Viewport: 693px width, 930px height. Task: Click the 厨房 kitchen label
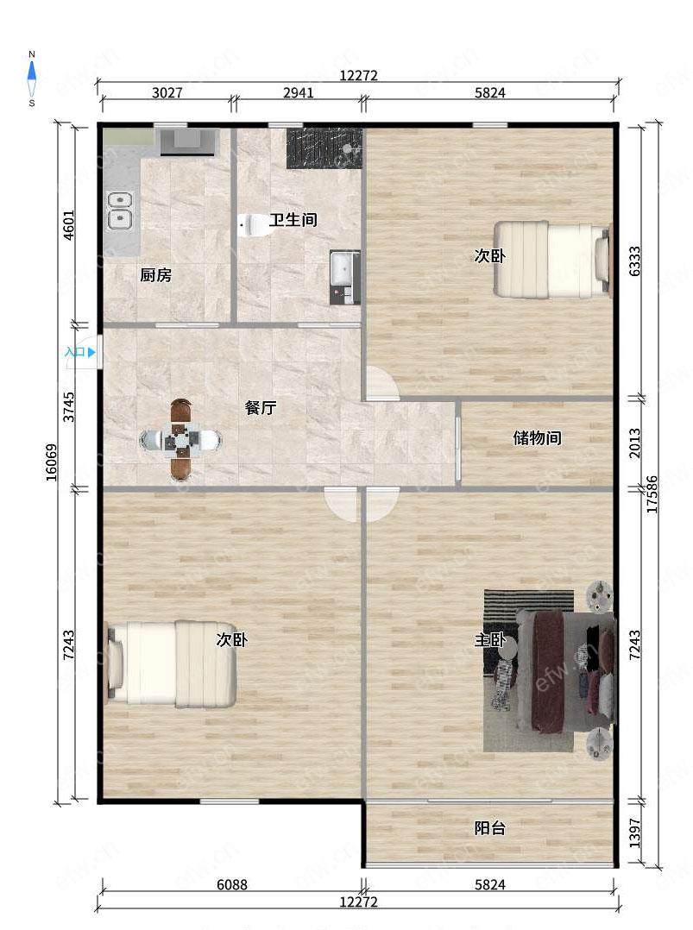pyautogui.click(x=155, y=275)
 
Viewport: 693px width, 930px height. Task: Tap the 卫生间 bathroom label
pyautogui.click(x=293, y=220)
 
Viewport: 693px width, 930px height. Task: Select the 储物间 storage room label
pyautogui.click(x=537, y=438)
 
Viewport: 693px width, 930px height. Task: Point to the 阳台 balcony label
pyautogui.click(x=489, y=828)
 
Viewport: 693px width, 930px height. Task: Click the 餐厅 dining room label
pyautogui.click(x=260, y=408)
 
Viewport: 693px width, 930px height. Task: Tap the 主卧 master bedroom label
pyautogui.click(x=489, y=640)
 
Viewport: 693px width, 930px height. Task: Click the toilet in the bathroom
pyautogui.click(x=255, y=225)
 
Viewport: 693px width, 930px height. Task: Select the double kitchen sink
pyautogui.click(x=119, y=211)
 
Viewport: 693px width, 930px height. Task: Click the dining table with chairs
pyautogui.click(x=181, y=439)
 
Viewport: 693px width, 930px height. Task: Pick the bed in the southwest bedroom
pyautogui.click(x=172, y=664)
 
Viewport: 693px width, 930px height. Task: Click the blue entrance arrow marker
pyautogui.click(x=91, y=352)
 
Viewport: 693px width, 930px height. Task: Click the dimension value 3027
pyautogui.click(x=167, y=93)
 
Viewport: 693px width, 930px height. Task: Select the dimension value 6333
pyautogui.click(x=634, y=261)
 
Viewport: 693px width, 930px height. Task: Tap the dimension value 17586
pyautogui.click(x=652, y=494)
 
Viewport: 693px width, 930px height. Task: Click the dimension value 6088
pyautogui.click(x=231, y=885)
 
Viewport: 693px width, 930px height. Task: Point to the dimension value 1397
pyautogui.click(x=634, y=833)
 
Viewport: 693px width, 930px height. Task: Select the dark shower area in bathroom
pyautogui.click(x=324, y=148)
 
